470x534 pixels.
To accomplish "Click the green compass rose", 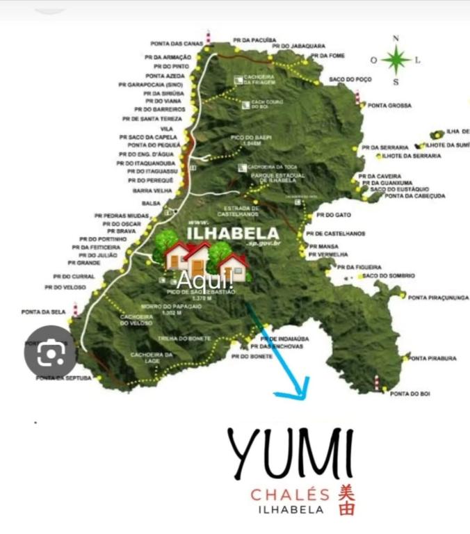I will click(396, 60).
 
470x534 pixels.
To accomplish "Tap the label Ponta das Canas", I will click(177, 44).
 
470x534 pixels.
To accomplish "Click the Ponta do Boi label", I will click(410, 394).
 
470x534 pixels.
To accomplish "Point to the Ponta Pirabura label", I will click(432, 358).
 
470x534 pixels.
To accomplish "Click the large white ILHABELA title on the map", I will click(233, 233).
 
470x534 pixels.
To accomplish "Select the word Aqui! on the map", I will click(204, 281).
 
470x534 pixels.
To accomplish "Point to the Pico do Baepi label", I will click(251, 139).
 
